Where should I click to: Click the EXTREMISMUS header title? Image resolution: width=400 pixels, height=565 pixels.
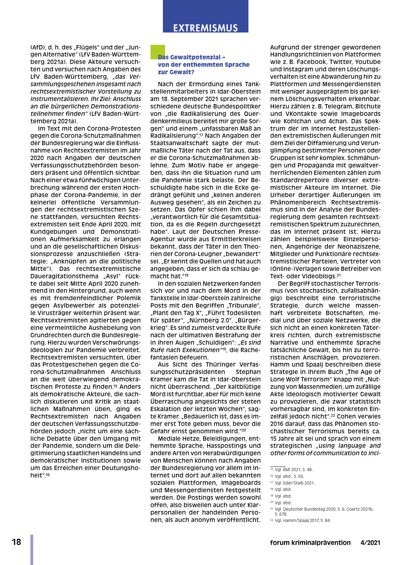(205, 28)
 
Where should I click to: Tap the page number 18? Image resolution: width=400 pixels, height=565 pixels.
(16, 542)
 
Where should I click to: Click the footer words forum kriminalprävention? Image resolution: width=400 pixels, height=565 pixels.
(310, 543)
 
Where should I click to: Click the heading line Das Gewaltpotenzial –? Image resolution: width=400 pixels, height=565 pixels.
(192, 57)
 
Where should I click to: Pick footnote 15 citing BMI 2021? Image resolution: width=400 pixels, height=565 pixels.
(292, 470)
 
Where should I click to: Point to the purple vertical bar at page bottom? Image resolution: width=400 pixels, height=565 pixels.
(32, 549)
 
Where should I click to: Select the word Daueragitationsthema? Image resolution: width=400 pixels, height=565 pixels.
(64, 276)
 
